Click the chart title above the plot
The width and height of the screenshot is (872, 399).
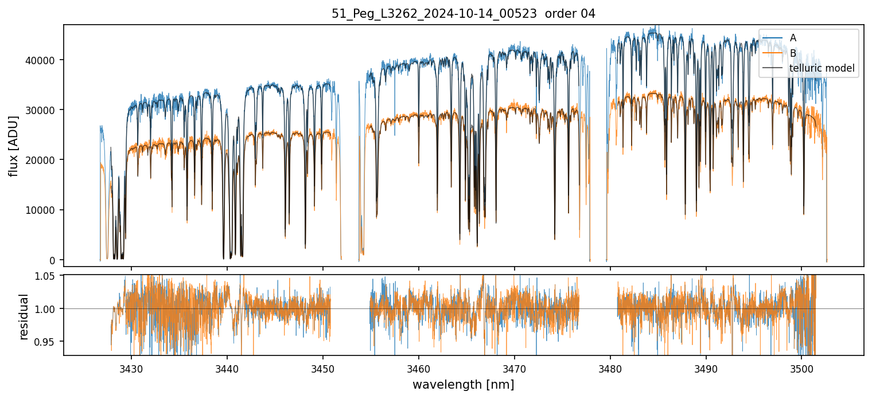point(464,14)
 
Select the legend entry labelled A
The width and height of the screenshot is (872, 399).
point(793,38)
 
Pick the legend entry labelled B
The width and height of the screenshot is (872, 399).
point(793,53)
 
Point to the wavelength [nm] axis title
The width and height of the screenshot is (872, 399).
point(463,384)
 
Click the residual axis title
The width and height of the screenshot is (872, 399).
point(24,316)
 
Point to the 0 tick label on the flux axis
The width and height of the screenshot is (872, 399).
point(53,260)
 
